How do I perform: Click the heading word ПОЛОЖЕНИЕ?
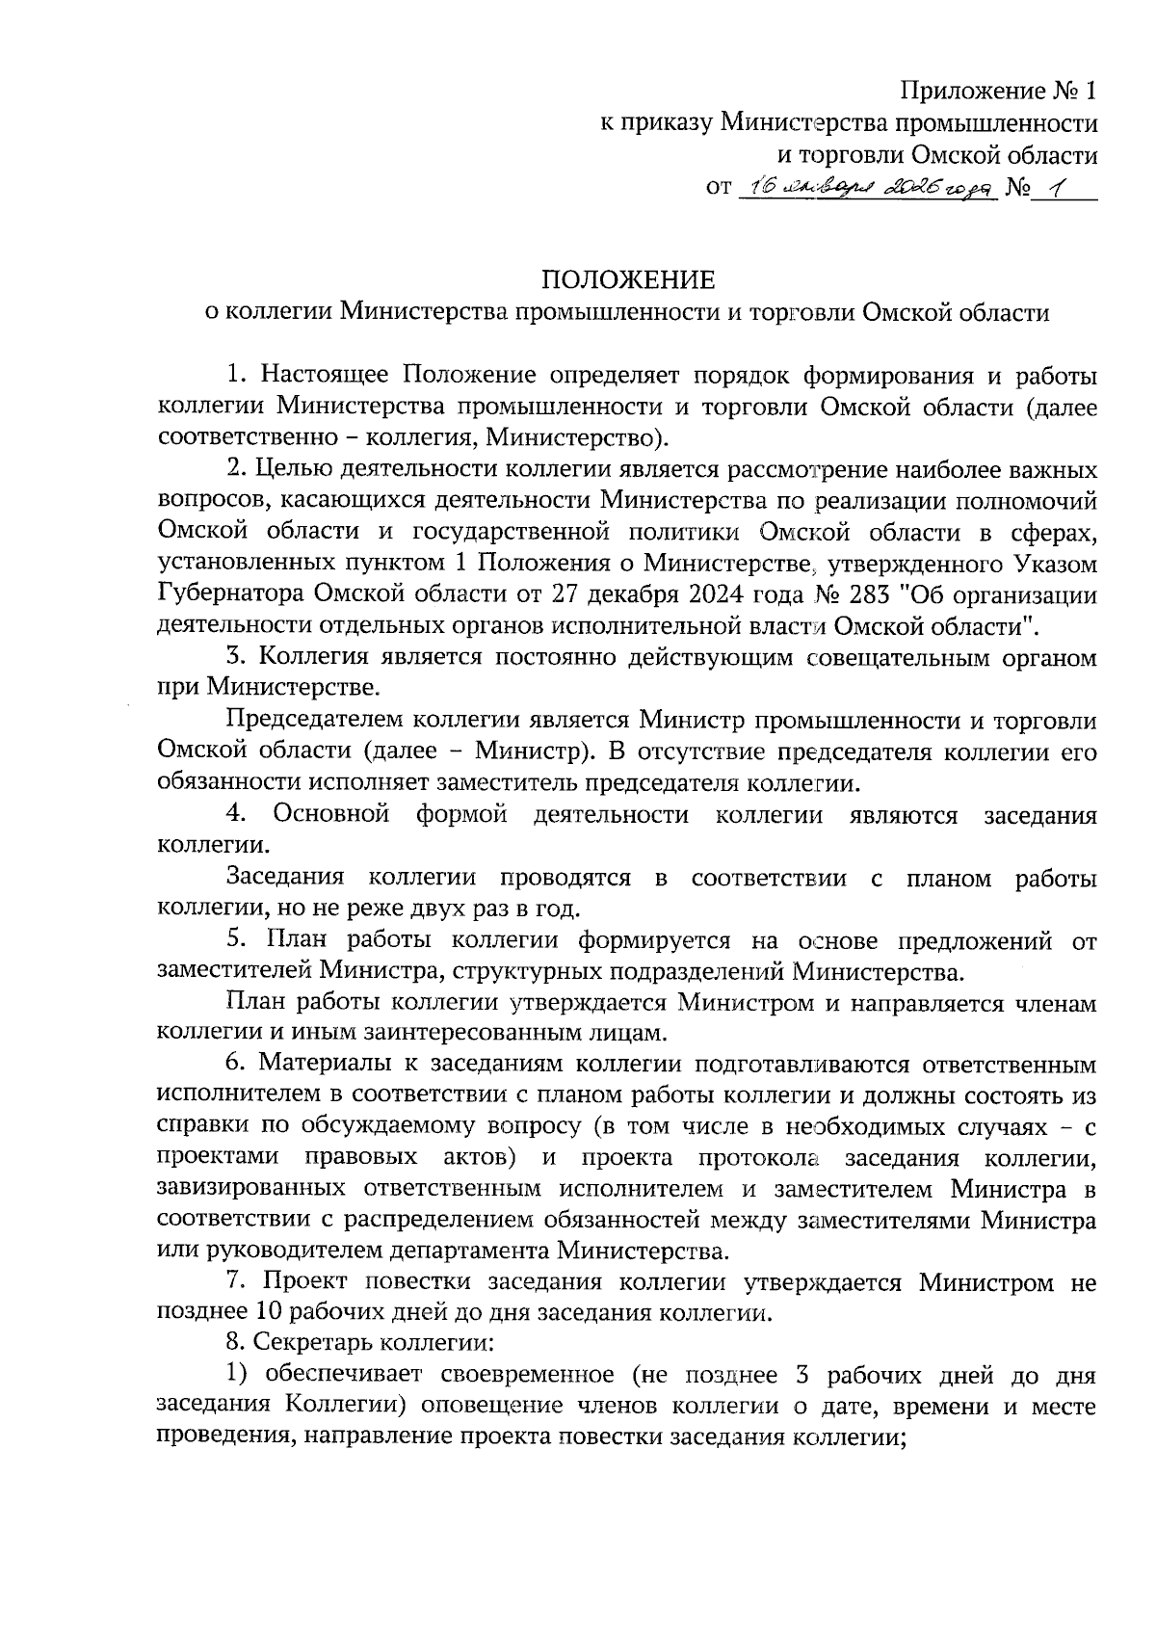point(628,279)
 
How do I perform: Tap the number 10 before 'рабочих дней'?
point(265,1313)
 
